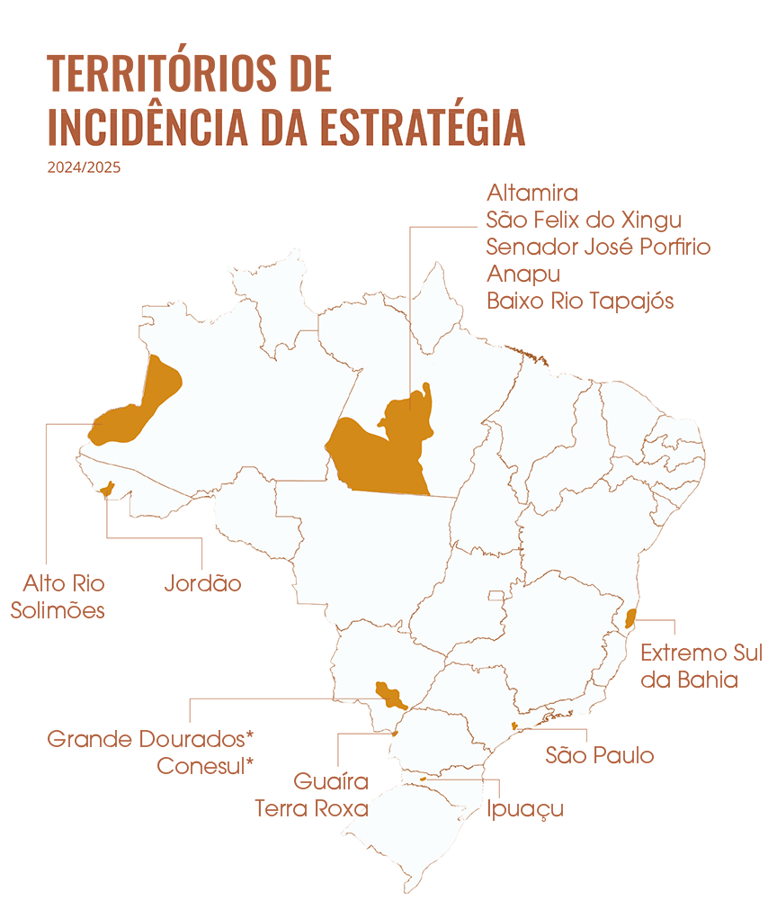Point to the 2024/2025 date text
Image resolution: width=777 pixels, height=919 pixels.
click(84, 167)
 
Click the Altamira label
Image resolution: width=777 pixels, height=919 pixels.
click(531, 194)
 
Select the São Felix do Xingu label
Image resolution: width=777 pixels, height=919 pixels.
click(584, 221)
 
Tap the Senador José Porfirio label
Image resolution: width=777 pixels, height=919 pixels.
click(598, 247)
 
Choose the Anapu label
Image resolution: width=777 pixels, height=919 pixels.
click(523, 274)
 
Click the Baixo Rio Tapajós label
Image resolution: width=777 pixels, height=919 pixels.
click(580, 301)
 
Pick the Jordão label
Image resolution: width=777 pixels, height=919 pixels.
click(202, 583)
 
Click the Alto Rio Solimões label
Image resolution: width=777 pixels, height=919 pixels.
click(58, 597)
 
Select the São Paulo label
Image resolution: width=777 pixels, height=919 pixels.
click(600, 755)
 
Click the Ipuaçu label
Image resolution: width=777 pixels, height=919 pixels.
click(525, 808)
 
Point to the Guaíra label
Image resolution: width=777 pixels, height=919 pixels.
click(331, 781)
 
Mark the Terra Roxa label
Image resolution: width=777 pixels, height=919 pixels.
click(312, 808)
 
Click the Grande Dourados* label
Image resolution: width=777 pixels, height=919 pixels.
click(150, 740)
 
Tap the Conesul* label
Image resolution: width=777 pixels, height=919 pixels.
click(205, 766)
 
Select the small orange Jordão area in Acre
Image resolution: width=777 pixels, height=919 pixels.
click(108, 489)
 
